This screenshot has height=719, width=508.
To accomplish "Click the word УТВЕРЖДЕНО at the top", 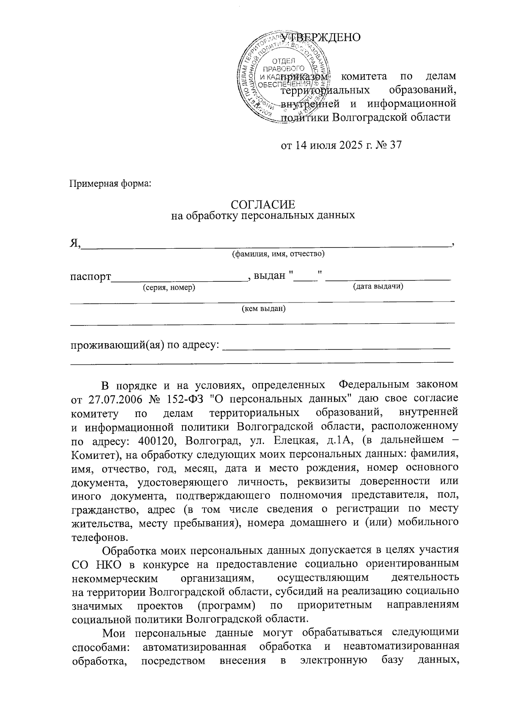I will tap(320, 37).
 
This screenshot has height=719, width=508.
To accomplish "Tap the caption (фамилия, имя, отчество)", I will tap(278, 254).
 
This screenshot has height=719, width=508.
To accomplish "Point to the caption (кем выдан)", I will tap(263, 309).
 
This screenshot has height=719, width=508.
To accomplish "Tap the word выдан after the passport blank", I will tap(270, 276).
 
